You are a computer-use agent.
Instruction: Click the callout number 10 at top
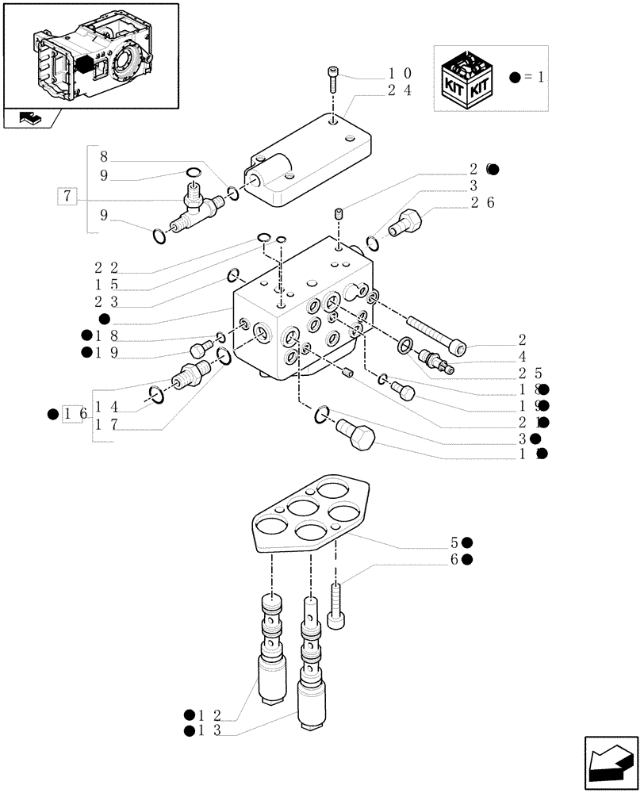[399, 74]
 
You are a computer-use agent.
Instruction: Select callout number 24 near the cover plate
[399, 90]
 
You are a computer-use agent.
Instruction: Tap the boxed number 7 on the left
[68, 196]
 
